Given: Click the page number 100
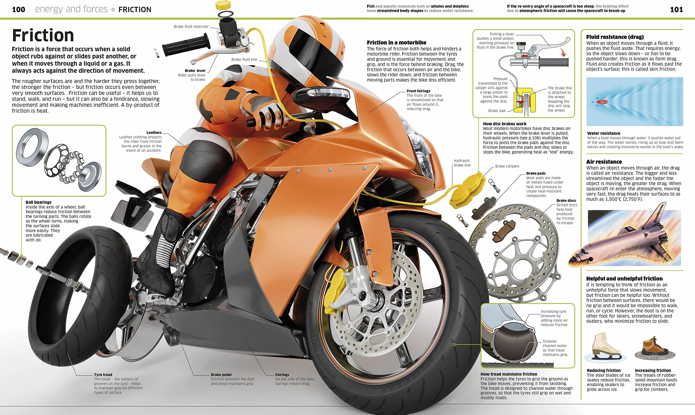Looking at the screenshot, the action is [19, 9].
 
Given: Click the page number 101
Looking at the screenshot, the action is [676, 9].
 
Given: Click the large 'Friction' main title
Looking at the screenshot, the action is [43, 35].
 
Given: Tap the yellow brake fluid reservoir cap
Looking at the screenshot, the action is [223, 5].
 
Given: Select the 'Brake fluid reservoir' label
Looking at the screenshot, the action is [191, 27].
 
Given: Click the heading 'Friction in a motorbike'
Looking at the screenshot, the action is [397, 43].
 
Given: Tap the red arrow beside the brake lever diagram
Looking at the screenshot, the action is [563, 52].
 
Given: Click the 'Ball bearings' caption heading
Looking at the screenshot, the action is [38, 202].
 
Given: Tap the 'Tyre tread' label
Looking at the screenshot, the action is [103, 375].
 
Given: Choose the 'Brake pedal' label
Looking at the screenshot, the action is [221, 375].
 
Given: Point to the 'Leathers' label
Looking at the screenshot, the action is [154, 133].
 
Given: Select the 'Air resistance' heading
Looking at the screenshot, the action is [604, 162].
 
